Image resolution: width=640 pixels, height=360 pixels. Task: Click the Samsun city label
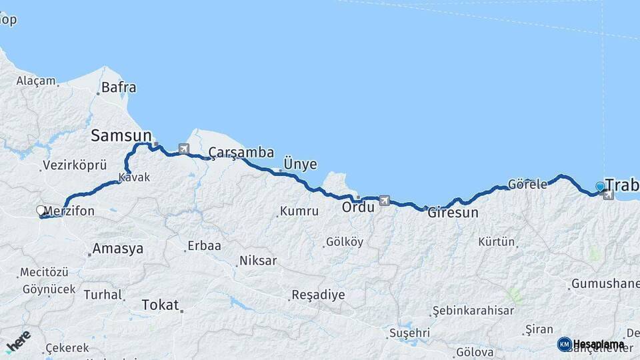pos(121,136)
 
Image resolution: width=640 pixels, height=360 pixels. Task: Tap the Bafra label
pos(119,87)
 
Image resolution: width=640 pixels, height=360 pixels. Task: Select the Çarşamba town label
pos(241,153)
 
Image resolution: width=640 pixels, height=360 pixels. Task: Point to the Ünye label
pos(300,164)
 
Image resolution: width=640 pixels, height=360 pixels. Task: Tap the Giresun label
pos(453,213)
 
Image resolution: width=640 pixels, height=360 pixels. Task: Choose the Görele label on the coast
pos(527,184)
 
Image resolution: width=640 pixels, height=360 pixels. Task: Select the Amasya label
pos(118,249)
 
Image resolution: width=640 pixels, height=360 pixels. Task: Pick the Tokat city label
pos(161,305)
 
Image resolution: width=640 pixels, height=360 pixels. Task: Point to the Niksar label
pos(257,261)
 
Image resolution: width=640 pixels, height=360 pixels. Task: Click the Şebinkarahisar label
pos(473,311)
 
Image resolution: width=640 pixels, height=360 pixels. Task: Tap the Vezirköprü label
pos(74,165)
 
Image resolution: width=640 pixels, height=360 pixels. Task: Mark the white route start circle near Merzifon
pos(41,211)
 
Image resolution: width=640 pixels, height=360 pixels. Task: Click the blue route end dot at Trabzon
pos(600,187)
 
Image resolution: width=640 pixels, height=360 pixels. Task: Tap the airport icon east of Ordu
pos(384,200)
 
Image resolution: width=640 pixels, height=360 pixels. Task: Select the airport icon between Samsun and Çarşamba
pos(183,149)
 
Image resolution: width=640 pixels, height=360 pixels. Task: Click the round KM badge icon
pos(564,344)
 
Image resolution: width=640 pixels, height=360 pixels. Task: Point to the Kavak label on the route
pos(134,178)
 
